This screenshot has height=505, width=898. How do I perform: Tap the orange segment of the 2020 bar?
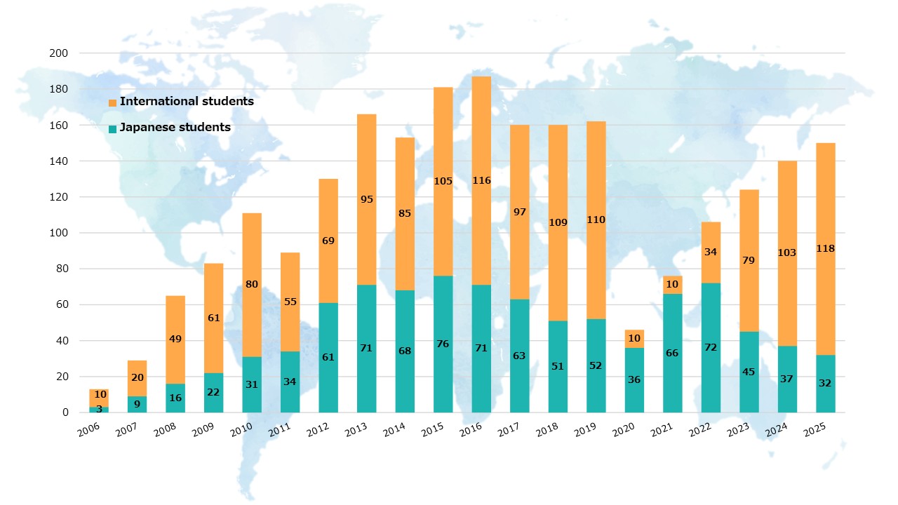[x=634, y=339]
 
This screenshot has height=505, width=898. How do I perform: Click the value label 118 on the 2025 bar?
[x=825, y=248]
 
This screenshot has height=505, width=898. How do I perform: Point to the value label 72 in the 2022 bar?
[x=711, y=348]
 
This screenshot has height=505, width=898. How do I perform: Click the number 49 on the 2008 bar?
[x=175, y=339]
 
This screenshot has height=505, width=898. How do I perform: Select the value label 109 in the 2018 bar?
[x=558, y=223]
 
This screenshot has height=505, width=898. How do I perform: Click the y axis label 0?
[x=65, y=412]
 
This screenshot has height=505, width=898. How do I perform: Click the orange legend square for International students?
[x=112, y=103]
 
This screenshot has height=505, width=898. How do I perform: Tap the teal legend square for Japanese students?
[x=112, y=129]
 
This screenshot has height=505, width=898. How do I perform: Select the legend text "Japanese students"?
[x=175, y=128]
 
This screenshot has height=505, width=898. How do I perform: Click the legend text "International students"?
[x=187, y=101]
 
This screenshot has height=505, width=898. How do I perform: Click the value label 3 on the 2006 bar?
[x=99, y=408]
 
